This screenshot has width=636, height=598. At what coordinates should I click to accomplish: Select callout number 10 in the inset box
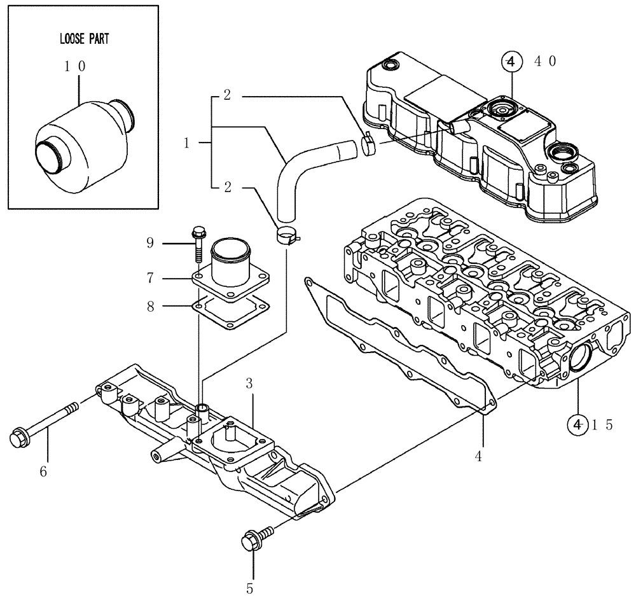(76, 66)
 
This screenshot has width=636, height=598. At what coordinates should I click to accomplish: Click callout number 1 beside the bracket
(186, 143)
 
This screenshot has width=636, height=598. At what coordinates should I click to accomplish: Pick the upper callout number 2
(226, 96)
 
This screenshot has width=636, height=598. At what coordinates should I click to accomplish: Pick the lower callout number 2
(226, 187)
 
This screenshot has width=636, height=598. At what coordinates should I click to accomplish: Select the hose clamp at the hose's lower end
(286, 236)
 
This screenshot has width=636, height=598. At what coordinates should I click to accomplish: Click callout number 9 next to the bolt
(150, 242)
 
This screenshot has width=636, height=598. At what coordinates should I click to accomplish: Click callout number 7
(150, 278)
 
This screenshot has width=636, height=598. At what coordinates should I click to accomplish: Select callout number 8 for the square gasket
(150, 307)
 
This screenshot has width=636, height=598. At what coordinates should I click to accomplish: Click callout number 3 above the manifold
(249, 383)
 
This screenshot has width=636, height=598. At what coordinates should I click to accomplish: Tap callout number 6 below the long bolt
(43, 471)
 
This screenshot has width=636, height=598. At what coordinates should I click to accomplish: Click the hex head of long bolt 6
(18, 438)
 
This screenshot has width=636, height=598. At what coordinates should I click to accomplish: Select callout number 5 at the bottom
(250, 588)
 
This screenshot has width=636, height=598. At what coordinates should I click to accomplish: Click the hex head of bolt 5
(250, 542)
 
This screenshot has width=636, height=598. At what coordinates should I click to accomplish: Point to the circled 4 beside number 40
(511, 61)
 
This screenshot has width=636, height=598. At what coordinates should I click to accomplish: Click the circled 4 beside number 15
(577, 425)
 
